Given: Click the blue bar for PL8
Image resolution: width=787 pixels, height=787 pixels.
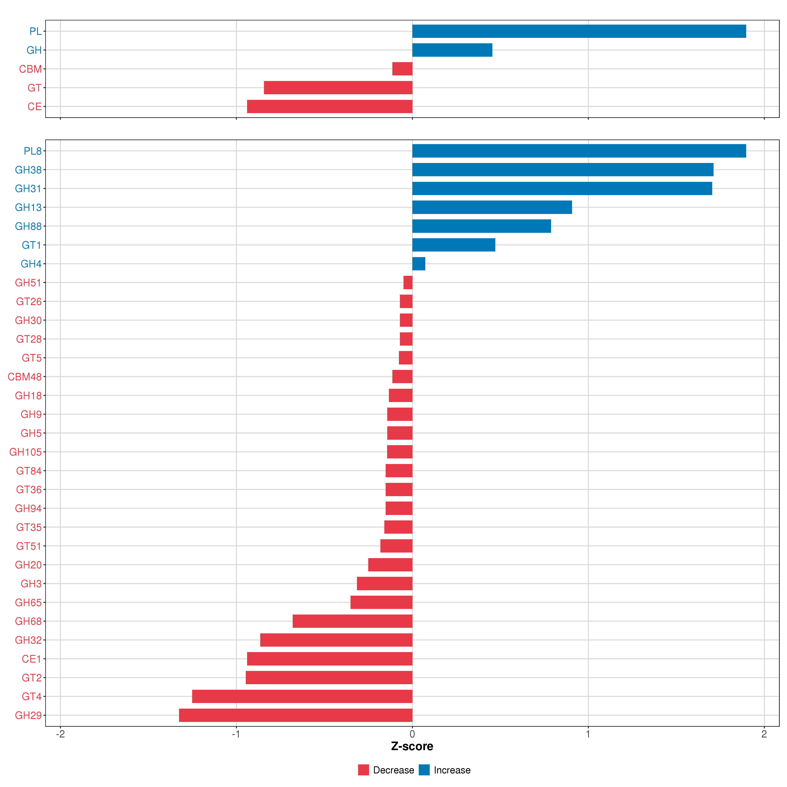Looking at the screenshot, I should [579, 151].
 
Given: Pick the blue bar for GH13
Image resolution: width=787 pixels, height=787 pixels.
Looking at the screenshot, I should [492, 207].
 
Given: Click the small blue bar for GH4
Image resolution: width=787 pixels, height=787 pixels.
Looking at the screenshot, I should [418, 263].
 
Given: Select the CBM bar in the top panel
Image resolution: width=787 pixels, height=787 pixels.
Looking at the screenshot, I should [402, 69].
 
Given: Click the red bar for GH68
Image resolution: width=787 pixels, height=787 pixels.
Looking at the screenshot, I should [352, 621].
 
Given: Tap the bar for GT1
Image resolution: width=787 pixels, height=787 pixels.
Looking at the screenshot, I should [453, 245].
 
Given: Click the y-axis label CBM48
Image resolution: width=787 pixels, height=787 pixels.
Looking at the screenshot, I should [24, 377].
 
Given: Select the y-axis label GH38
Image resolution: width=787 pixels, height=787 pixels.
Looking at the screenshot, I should [28, 170].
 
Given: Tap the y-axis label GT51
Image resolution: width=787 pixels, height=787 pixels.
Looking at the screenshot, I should [29, 546].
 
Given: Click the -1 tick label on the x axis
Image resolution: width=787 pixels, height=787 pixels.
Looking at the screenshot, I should [236, 734].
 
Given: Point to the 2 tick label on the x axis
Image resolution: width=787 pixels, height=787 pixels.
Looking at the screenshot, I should [764, 734].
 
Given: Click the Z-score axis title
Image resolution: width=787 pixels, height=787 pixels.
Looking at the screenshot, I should [412, 746].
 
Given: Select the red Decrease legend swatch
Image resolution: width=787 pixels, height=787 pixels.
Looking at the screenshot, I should [363, 770].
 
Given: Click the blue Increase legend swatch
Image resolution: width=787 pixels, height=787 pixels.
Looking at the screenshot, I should [424, 770].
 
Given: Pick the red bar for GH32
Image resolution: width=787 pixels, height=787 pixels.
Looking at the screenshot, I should [336, 640].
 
